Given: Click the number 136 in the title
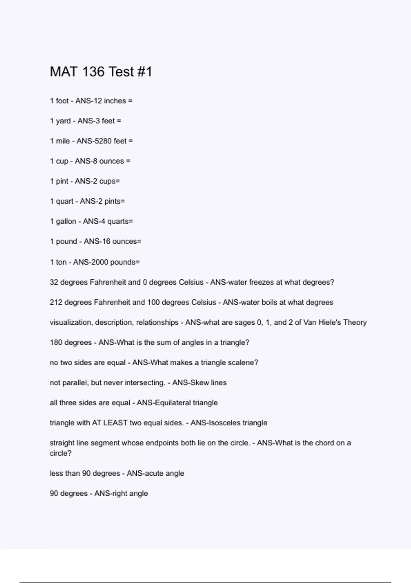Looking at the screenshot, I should (x=93, y=72).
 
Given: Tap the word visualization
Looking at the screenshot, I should (x=71, y=323).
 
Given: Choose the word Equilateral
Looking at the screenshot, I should (x=173, y=403).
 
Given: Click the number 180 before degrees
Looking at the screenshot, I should (x=56, y=343).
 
